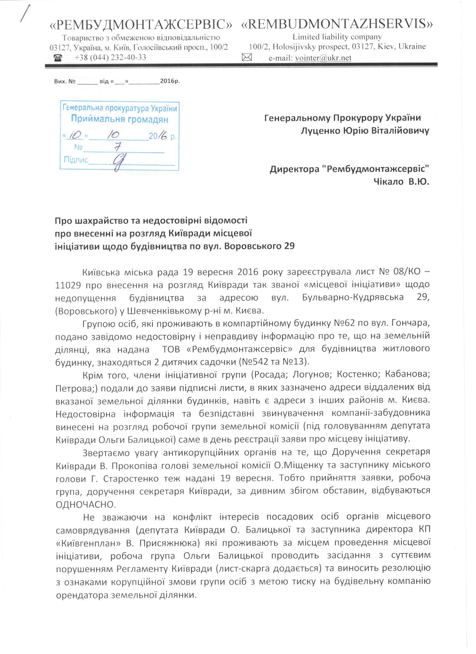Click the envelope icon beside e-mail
247,58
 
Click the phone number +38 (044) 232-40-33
110,58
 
